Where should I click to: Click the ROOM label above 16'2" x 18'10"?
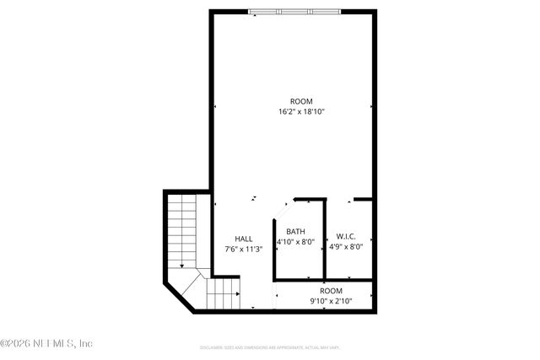tap(301, 101)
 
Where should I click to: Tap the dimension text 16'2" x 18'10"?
tap(301, 111)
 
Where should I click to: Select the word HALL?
tap(244, 239)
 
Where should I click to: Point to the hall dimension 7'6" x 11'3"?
tap(244, 249)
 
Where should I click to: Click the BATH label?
tap(295, 232)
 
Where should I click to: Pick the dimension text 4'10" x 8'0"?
tap(295, 242)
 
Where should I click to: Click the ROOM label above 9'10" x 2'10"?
tap(331, 291)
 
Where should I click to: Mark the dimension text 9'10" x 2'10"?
tap(331, 301)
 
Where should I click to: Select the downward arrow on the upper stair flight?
tap(181, 265)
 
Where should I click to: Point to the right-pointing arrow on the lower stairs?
tap(237, 294)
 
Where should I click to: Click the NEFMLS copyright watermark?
tap(46, 343)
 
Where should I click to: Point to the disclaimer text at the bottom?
tap(270, 347)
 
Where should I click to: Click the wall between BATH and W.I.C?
tap(325, 240)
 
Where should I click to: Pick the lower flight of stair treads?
tap(222, 294)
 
